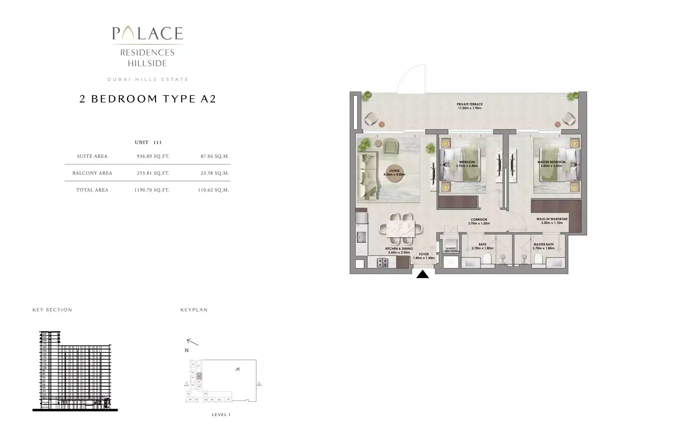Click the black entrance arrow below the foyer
click(x=422, y=274)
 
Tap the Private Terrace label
click(x=469, y=106)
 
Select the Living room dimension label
click(x=394, y=173)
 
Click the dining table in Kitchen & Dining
click(x=401, y=229)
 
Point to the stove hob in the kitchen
click(x=383, y=262)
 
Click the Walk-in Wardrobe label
click(x=552, y=221)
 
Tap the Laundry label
click(x=451, y=249)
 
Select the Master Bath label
click(x=543, y=246)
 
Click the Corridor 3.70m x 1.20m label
click(x=479, y=221)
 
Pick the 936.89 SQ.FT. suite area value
click(x=153, y=156)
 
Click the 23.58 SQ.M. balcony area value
click(x=215, y=173)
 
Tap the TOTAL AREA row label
click(x=92, y=190)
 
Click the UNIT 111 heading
click(x=148, y=142)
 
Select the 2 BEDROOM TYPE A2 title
click(x=148, y=99)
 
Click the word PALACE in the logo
click(x=148, y=34)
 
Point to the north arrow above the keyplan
click(x=192, y=342)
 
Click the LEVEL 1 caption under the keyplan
click(x=221, y=415)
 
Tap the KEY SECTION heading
click(x=52, y=310)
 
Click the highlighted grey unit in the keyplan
click(x=199, y=376)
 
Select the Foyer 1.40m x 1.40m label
click(x=424, y=256)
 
